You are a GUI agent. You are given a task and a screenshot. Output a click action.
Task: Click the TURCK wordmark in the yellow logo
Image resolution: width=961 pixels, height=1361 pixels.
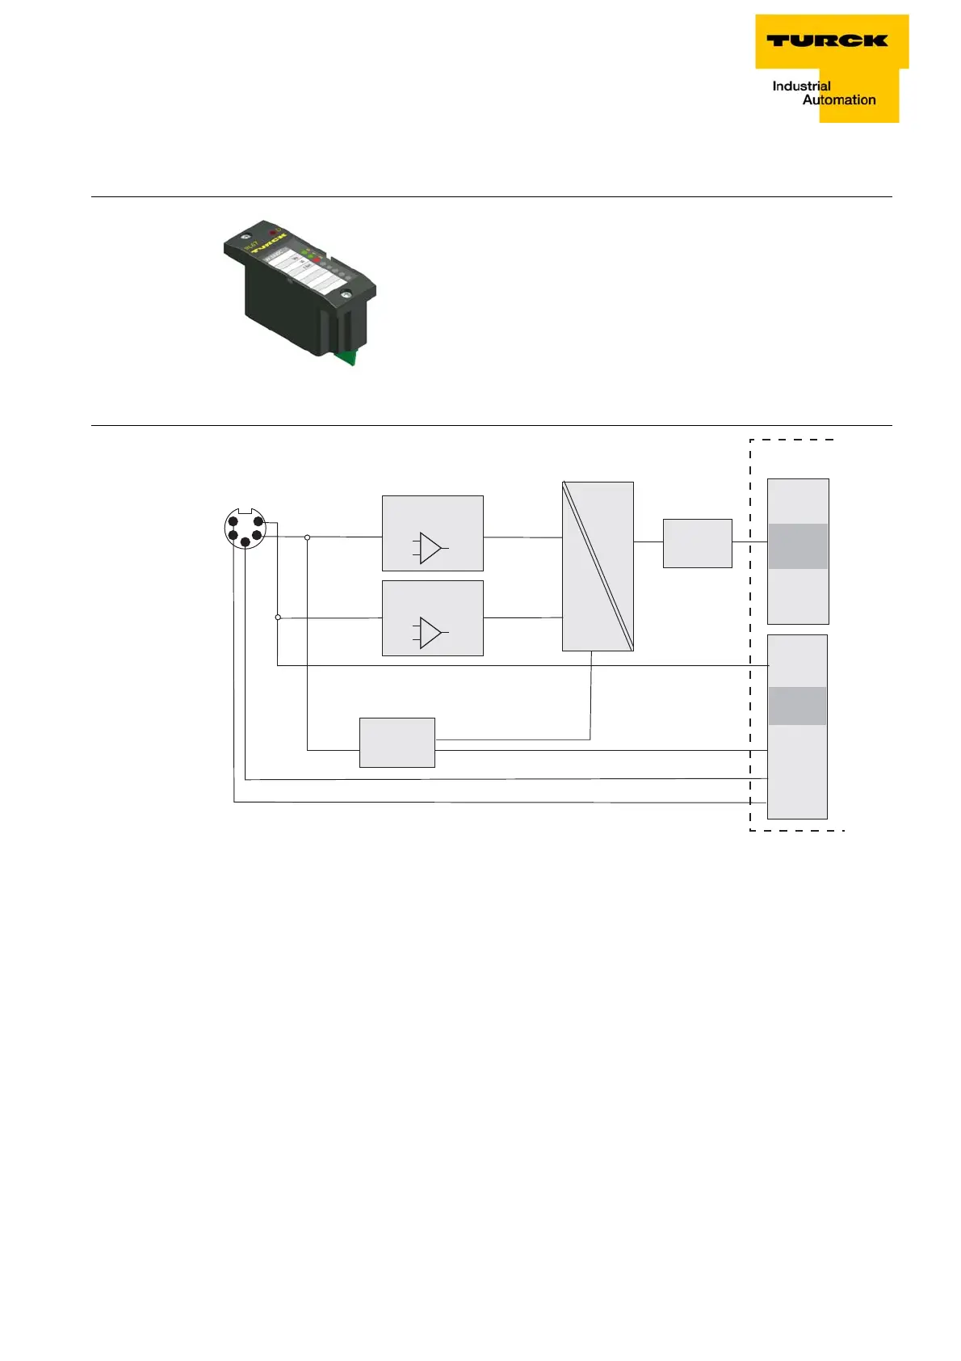pyautogui.click(x=826, y=40)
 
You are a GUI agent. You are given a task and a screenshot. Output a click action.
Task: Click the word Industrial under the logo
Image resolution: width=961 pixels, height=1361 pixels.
pyautogui.click(x=801, y=86)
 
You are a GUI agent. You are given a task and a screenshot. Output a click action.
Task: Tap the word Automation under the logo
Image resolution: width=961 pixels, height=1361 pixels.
pyautogui.click(x=839, y=100)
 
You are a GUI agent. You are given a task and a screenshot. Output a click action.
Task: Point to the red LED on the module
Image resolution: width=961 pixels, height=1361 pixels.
pyautogui.click(x=274, y=234)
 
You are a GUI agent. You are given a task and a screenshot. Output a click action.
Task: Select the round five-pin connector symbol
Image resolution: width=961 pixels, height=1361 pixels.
pyautogui.click(x=245, y=529)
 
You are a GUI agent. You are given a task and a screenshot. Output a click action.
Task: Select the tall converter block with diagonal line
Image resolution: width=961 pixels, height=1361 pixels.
pyautogui.click(x=598, y=566)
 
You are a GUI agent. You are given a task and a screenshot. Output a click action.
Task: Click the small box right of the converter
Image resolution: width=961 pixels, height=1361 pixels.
pyautogui.click(x=697, y=543)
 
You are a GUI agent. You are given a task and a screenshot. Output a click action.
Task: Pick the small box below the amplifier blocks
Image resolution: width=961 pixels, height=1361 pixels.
pyautogui.click(x=397, y=742)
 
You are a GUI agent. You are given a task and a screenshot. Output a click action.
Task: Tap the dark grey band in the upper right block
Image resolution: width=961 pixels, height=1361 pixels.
pyautogui.click(x=797, y=546)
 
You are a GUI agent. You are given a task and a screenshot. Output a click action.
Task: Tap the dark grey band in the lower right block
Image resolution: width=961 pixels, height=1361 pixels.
pyautogui.click(x=797, y=706)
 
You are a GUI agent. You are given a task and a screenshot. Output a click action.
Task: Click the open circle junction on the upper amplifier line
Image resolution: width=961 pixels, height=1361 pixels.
pyautogui.click(x=307, y=537)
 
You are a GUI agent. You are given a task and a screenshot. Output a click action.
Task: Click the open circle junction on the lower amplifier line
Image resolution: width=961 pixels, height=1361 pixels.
pyautogui.click(x=278, y=617)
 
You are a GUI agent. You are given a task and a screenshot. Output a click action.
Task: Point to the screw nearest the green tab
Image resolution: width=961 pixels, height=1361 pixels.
pyautogui.click(x=345, y=296)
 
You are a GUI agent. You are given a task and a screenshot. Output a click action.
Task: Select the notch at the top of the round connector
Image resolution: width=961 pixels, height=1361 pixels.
pyautogui.click(x=245, y=510)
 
